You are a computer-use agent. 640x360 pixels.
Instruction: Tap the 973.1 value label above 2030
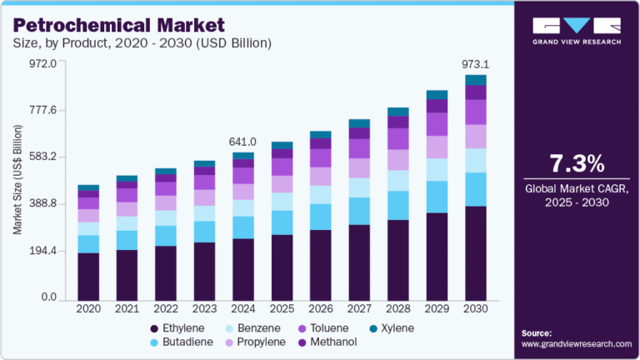point(475,62)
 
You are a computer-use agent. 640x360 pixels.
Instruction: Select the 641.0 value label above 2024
point(243,141)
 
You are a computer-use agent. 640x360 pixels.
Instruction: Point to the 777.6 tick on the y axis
point(42,110)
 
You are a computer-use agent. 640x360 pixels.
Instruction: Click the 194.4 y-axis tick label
point(42,251)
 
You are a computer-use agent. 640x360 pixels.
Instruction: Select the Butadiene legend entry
point(184,342)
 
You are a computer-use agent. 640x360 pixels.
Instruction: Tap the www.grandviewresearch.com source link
point(577,343)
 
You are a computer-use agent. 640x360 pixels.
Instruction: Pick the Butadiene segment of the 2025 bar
point(282,222)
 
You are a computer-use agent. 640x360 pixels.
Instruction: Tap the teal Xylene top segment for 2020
point(88,187)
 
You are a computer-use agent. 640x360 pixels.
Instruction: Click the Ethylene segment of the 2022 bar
point(166,272)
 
